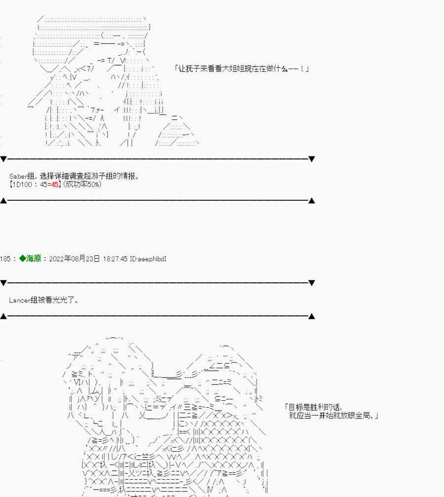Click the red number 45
coord(54,184)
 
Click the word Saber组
coord(21,176)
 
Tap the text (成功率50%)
coord(82,184)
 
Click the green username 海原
coord(34,258)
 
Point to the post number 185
coord(5,259)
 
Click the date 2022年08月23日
coord(74,259)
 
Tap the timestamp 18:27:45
coord(115,259)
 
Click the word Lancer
coord(19,300)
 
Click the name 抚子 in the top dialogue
coord(193,68)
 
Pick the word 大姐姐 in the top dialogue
coord(232,68)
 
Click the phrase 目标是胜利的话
coord(312,407)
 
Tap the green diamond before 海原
coord(23,258)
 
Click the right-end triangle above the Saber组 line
coord(311,159)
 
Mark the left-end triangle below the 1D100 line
coord(3,200)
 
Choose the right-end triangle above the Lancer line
coord(311,283)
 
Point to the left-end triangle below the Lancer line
coord(3,316)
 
